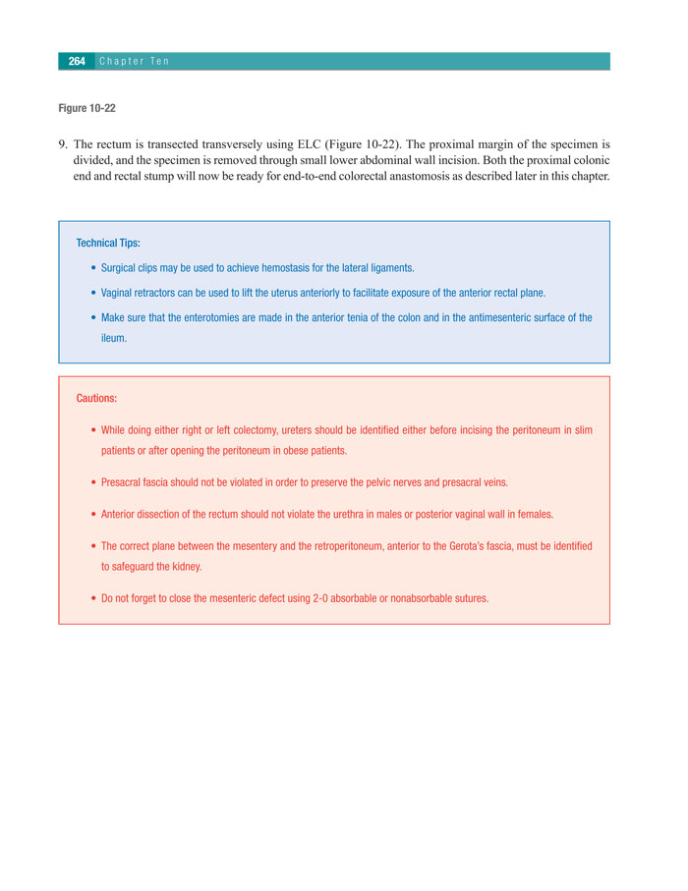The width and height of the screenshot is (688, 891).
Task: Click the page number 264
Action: point(77,61)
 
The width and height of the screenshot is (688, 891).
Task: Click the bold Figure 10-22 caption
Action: point(87,108)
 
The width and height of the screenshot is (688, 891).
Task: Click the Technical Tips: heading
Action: point(108,243)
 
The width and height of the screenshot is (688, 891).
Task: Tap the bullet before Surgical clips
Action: point(92,267)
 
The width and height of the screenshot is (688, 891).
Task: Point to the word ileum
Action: point(114,338)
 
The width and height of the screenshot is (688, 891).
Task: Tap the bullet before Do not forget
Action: point(92,597)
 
